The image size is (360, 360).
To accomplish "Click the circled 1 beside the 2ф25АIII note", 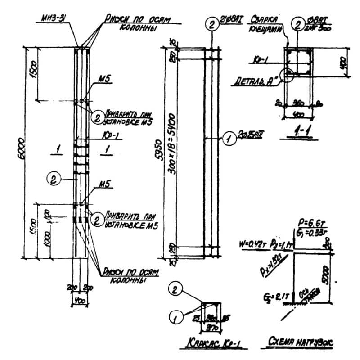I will pos(229,140).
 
